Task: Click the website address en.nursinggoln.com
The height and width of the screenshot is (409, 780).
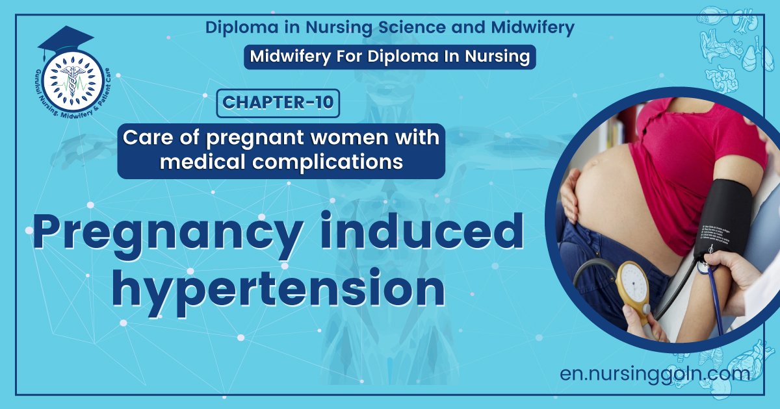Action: [655, 374]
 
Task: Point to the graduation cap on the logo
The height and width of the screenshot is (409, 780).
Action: [65, 40]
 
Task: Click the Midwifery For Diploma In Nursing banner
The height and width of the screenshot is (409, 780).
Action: [390, 56]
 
